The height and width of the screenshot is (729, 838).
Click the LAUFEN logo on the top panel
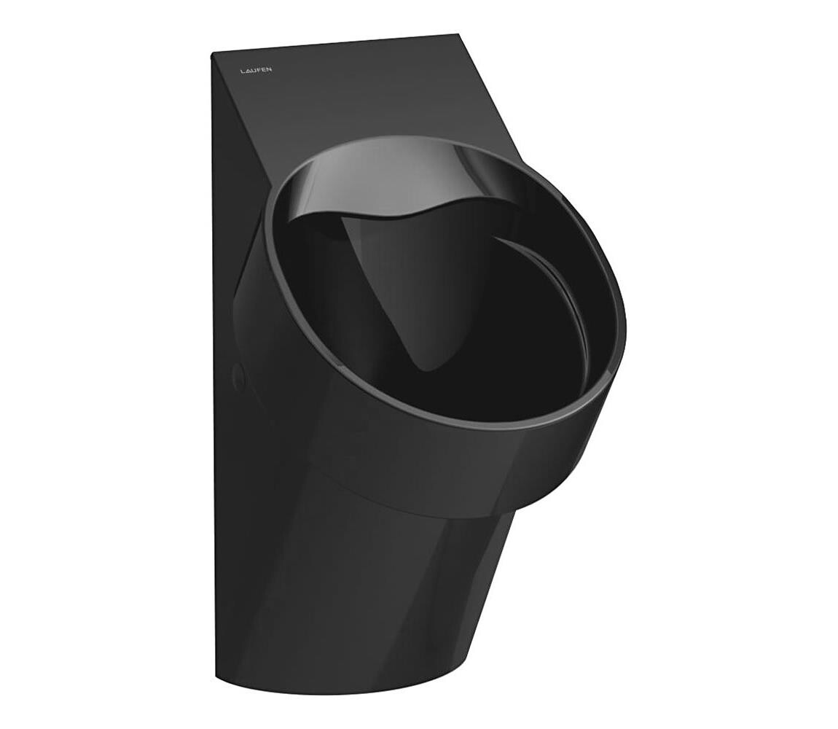[257, 71]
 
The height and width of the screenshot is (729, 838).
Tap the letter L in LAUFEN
[243, 71]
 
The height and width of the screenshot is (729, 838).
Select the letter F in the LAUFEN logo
[259, 71]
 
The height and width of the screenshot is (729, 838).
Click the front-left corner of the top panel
[213, 55]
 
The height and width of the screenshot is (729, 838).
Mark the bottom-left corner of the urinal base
[216, 678]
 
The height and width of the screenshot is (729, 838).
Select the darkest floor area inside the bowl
[496, 350]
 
